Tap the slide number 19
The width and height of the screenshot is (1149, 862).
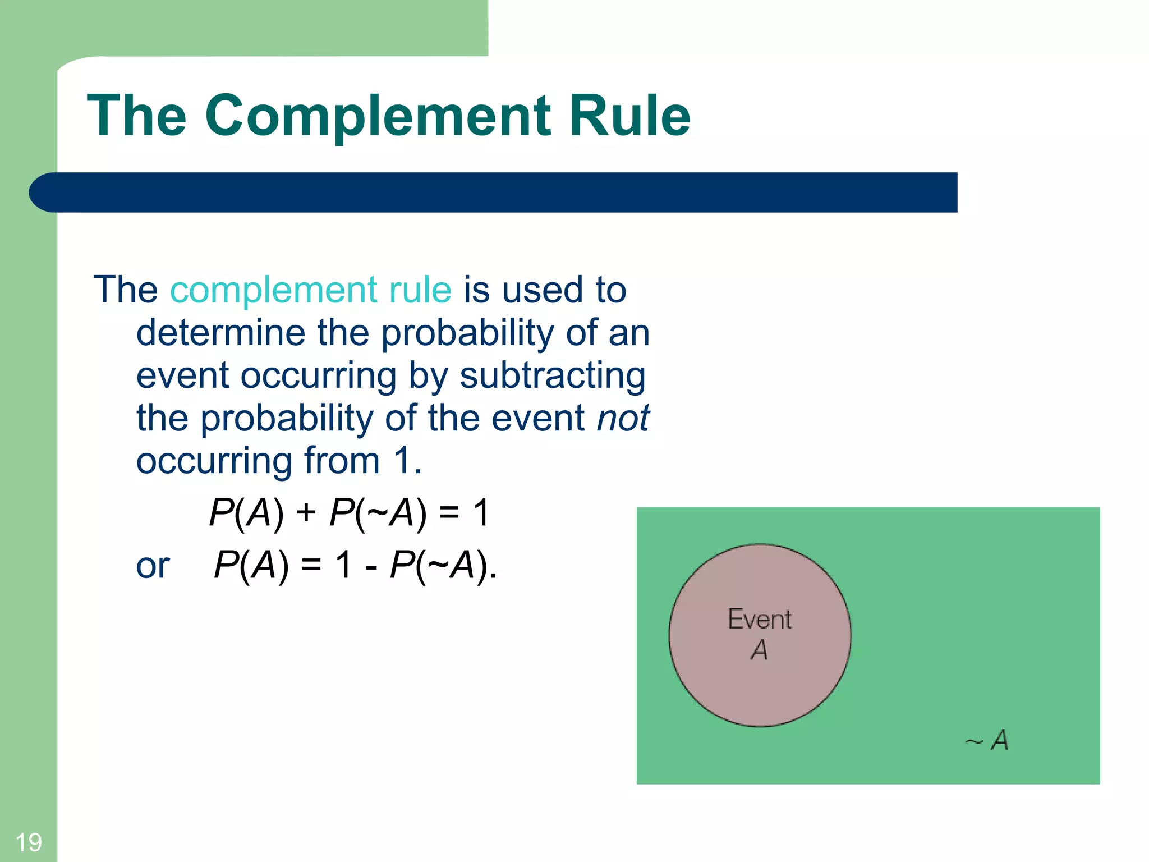pyautogui.click(x=28, y=842)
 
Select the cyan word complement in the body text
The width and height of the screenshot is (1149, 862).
pyautogui.click(x=273, y=291)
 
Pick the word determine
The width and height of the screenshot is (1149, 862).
pyautogui.click(x=220, y=333)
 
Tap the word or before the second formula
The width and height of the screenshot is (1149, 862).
pyautogui.click(x=153, y=566)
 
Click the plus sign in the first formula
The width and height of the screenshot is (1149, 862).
pyautogui.click(x=306, y=512)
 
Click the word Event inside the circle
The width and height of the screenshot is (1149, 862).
pyautogui.click(x=759, y=620)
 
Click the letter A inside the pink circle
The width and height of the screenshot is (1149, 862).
pyautogui.click(x=759, y=650)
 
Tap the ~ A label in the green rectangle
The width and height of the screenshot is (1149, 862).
pyautogui.click(x=987, y=740)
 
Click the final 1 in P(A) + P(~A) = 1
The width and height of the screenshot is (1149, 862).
pyautogui.click(x=481, y=512)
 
